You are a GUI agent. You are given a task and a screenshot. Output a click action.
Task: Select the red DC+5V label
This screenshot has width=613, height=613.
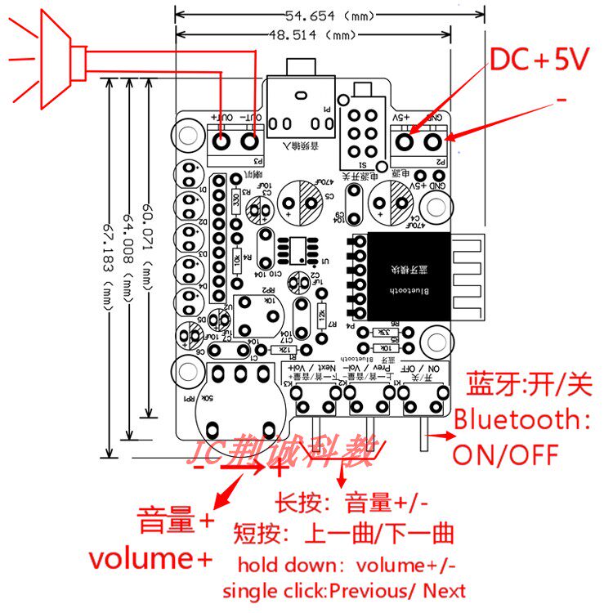pyautogui.click(x=539, y=60)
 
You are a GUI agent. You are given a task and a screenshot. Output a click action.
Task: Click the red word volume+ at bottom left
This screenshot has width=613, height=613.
pyautogui.click(x=150, y=558)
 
